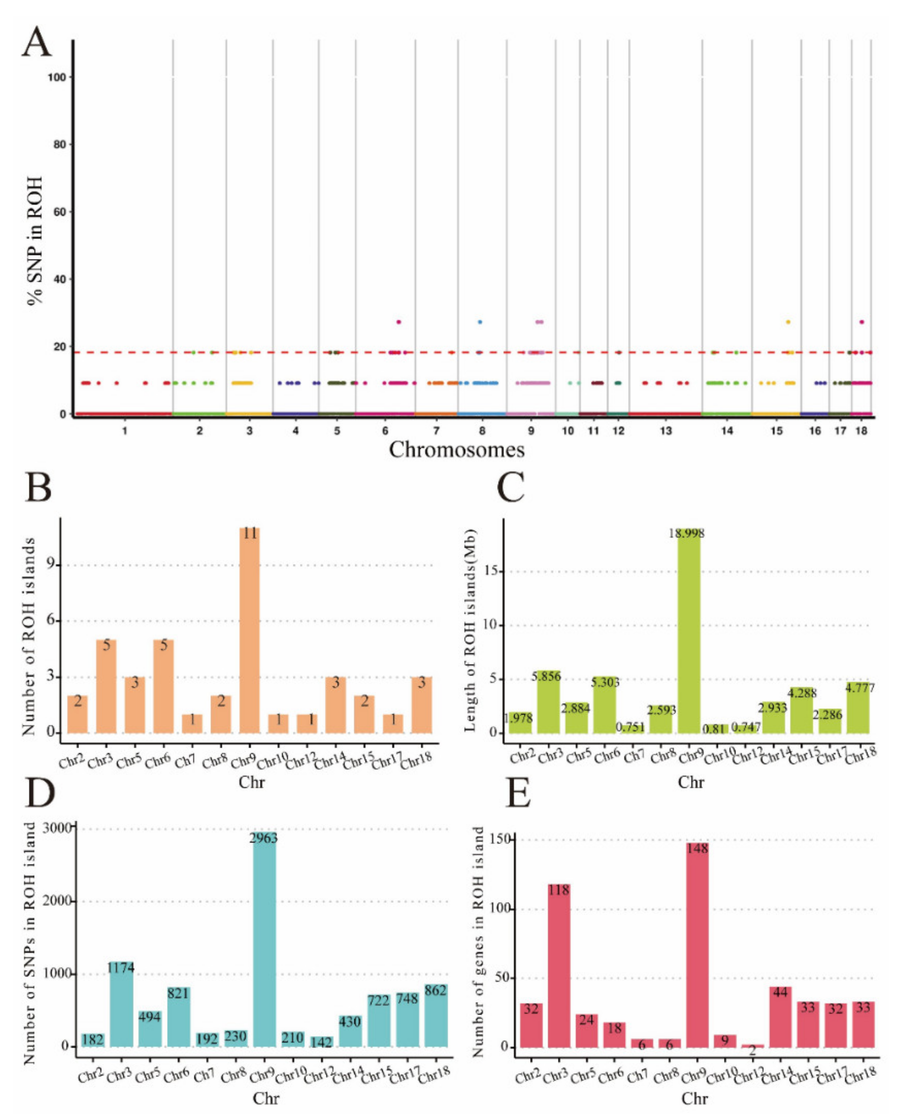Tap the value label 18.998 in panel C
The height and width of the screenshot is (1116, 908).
[x=686, y=533]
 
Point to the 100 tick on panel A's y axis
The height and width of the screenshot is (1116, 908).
[x=57, y=77]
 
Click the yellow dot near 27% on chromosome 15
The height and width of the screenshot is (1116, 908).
[x=788, y=322]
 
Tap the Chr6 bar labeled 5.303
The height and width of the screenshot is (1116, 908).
[x=605, y=706]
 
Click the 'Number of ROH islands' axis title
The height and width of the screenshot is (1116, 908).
[x=29, y=636]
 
